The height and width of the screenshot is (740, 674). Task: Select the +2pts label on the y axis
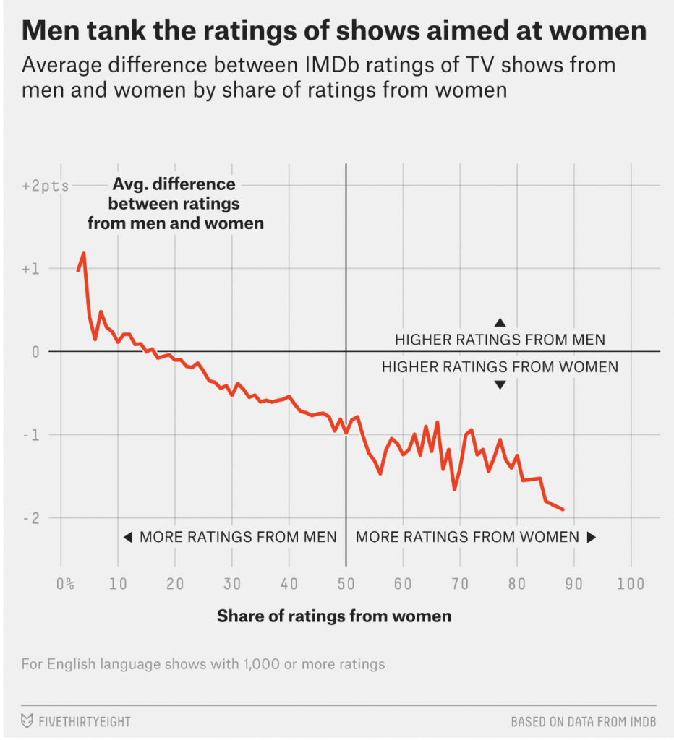tap(46, 186)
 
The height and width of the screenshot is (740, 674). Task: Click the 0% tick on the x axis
tap(64, 584)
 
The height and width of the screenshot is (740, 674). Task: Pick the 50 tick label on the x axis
tap(346, 584)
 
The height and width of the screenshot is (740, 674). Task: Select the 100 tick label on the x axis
tap(631, 584)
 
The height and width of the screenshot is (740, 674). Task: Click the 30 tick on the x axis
tap(232, 584)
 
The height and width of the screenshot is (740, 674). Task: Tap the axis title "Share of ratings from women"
tap(334, 616)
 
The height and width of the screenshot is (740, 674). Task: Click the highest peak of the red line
tap(84, 254)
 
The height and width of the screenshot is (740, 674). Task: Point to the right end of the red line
tap(563, 509)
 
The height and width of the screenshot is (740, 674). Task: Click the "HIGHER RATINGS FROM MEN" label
tap(500, 340)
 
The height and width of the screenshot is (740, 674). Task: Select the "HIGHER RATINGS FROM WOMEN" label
tap(500, 367)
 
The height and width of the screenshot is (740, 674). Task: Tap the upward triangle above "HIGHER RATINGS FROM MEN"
tap(500, 322)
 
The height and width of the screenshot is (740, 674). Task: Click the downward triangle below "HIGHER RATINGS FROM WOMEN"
tap(500, 385)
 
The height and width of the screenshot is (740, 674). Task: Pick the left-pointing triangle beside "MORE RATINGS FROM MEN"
tap(127, 537)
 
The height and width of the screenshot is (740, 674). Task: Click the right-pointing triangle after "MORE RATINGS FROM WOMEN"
tap(591, 537)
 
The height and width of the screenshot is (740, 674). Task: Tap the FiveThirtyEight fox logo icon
tap(27, 721)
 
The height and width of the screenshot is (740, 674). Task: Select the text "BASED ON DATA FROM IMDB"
tap(583, 722)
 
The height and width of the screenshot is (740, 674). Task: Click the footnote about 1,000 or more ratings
tap(203, 663)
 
